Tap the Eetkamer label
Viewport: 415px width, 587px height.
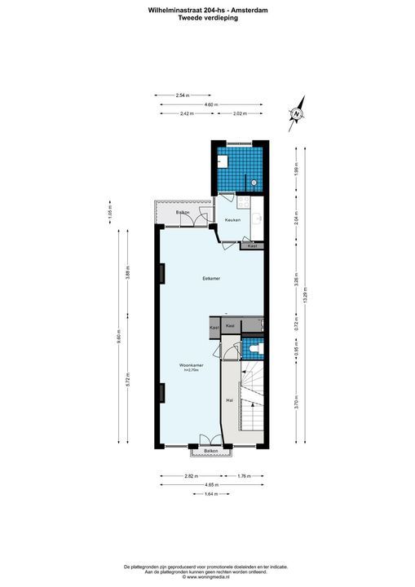(212, 279)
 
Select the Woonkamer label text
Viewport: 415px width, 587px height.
(191, 364)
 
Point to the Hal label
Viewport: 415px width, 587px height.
(228, 401)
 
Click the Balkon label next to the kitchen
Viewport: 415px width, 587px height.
(183, 212)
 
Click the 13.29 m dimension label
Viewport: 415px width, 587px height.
(307, 296)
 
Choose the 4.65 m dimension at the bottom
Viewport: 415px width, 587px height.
(210, 483)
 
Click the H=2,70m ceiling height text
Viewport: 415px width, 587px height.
(191, 370)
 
